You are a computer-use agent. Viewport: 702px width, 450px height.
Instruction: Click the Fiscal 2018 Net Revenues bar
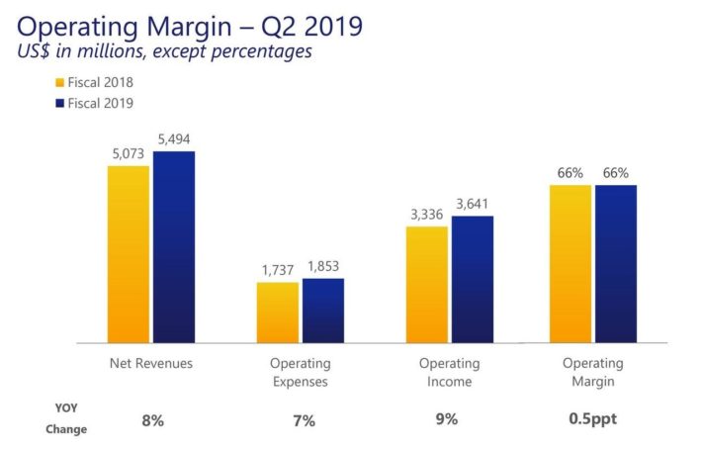click(129, 254)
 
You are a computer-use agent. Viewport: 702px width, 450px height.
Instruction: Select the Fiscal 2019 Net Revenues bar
click(174, 247)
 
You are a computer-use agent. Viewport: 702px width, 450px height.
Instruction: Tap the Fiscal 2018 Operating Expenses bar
click(278, 313)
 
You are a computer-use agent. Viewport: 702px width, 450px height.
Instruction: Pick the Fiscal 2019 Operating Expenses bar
click(323, 311)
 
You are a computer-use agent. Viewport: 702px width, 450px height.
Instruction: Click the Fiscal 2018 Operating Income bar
click(427, 285)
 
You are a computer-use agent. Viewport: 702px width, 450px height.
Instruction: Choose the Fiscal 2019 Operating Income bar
click(473, 280)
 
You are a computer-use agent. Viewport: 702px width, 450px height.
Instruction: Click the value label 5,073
click(129, 155)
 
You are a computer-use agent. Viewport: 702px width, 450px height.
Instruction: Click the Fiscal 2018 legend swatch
click(58, 82)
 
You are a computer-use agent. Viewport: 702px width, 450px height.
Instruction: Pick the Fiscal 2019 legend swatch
click(58, 102)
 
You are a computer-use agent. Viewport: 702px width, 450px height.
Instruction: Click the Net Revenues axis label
click(151, 364)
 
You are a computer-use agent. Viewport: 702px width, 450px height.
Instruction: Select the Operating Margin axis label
click(592, 373)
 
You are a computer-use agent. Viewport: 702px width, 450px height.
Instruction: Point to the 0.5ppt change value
click(592, 419)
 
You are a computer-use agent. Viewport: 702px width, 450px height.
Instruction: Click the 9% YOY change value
click(447, 419)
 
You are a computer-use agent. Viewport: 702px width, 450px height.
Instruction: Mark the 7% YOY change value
click(304, 421)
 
